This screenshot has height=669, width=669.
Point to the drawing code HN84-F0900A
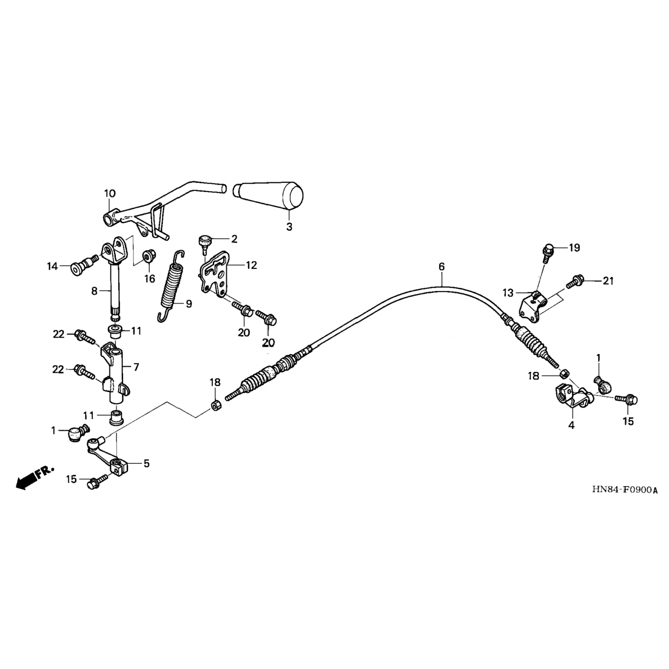625,490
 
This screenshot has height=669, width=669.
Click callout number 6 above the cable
442,267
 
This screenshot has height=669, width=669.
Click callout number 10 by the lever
110,194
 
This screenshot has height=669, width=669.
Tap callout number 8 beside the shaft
94,291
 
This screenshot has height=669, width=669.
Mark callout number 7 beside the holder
136,367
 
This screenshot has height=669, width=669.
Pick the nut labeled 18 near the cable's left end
215,406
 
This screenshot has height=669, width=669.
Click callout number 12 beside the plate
252,265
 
